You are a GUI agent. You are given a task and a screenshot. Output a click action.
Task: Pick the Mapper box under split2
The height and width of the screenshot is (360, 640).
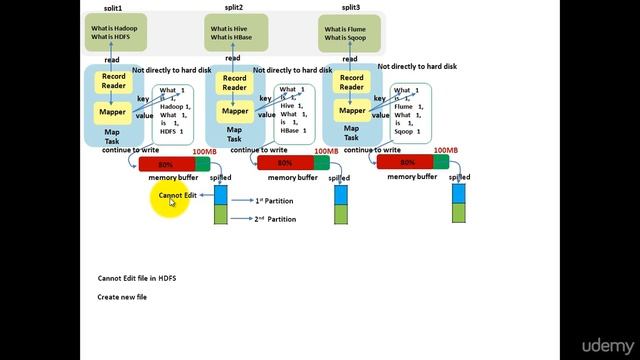pos(235,111)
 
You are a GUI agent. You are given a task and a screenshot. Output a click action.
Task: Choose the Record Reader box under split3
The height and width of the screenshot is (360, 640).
pos(351,83)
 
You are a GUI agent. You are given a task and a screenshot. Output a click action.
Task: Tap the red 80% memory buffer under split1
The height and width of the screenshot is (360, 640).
pos(165,163)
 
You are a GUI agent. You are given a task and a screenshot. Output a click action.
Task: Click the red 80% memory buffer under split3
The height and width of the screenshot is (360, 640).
pos(404,163)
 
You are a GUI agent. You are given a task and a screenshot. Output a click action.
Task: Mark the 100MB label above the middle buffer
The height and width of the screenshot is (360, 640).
pos(326,151)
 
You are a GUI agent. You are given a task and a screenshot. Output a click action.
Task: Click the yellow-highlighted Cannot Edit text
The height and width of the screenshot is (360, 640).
pos(177,195)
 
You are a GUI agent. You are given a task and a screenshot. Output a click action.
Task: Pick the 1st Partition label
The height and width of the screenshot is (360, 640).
pos(275,200)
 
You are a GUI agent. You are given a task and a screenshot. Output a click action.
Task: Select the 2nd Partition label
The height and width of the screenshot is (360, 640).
pos(275,218)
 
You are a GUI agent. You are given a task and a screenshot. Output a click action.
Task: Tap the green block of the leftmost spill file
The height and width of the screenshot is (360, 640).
pos(221,214)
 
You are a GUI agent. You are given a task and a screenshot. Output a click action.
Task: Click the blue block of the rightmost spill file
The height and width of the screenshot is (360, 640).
pos(459,195)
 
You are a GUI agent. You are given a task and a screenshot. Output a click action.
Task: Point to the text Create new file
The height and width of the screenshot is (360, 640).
pos(122,297)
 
